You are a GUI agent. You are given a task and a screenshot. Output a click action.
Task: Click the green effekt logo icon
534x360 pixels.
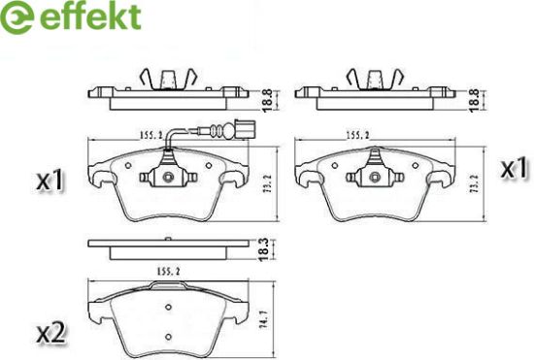17,17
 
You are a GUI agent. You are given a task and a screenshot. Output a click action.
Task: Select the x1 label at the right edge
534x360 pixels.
514,168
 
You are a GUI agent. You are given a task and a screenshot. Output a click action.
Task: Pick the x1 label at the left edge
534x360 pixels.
50,180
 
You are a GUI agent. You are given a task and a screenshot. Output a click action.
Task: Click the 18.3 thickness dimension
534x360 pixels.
264,250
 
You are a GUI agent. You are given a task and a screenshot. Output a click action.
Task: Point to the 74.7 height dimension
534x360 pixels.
263,320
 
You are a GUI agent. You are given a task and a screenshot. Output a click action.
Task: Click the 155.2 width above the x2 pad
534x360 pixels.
169,272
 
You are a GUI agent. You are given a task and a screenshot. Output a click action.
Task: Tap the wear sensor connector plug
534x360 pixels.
244,130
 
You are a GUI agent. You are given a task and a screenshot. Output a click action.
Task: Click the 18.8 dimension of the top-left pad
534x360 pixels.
267,100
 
